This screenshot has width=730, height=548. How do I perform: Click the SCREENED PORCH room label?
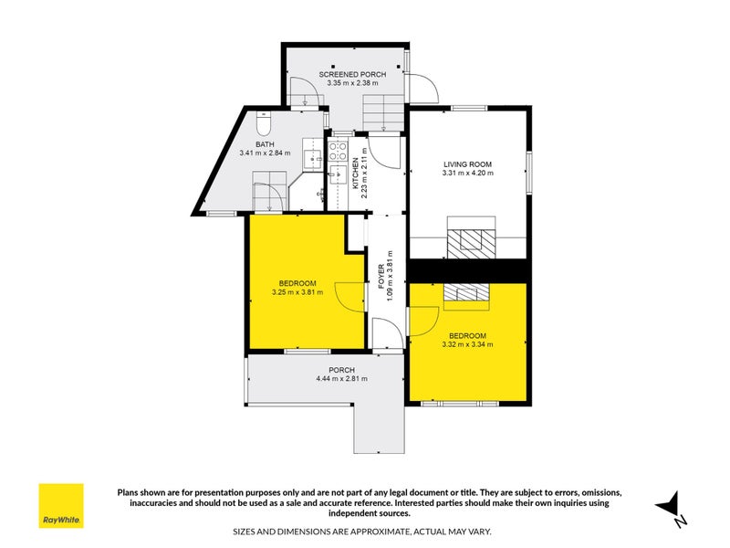(352, 74)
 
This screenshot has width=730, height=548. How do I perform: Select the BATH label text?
(264, 144)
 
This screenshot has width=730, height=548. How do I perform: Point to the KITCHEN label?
(356, 174)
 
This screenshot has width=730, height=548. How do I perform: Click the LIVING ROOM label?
(467, 163)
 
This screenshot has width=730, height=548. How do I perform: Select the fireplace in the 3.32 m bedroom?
(467, 292)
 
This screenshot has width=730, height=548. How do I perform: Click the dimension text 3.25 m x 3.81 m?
(297, 292)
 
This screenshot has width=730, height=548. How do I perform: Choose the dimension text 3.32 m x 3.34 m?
(467, 344)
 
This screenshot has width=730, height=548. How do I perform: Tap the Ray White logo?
(60, 506)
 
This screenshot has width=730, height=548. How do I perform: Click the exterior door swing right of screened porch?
(422, 90)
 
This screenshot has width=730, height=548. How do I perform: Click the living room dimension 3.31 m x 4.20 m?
(467, 173)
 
